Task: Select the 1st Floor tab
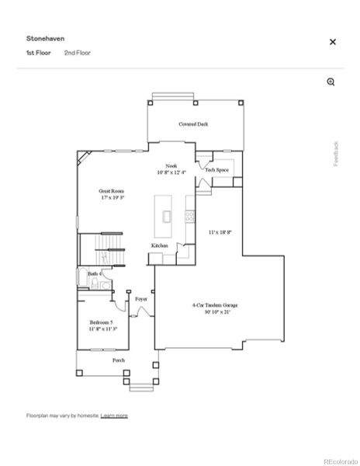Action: pos(38,53)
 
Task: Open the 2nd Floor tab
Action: pos(78,53)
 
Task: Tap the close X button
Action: pos(333,42)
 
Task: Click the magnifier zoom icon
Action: pos(331,82)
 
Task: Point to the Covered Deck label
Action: pos(193,123)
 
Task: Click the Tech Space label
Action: pos(216,169)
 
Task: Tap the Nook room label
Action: pos(171,169)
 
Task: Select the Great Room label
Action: pos(112,194)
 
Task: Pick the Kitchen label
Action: pos(159,246)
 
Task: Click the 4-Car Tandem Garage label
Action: pos(215,308)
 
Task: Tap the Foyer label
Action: pos(141,298)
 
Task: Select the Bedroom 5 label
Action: pos(101,325)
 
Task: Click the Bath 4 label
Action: pos(95,274)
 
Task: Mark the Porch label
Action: pos(119,360)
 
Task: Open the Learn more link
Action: pos(114,416)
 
